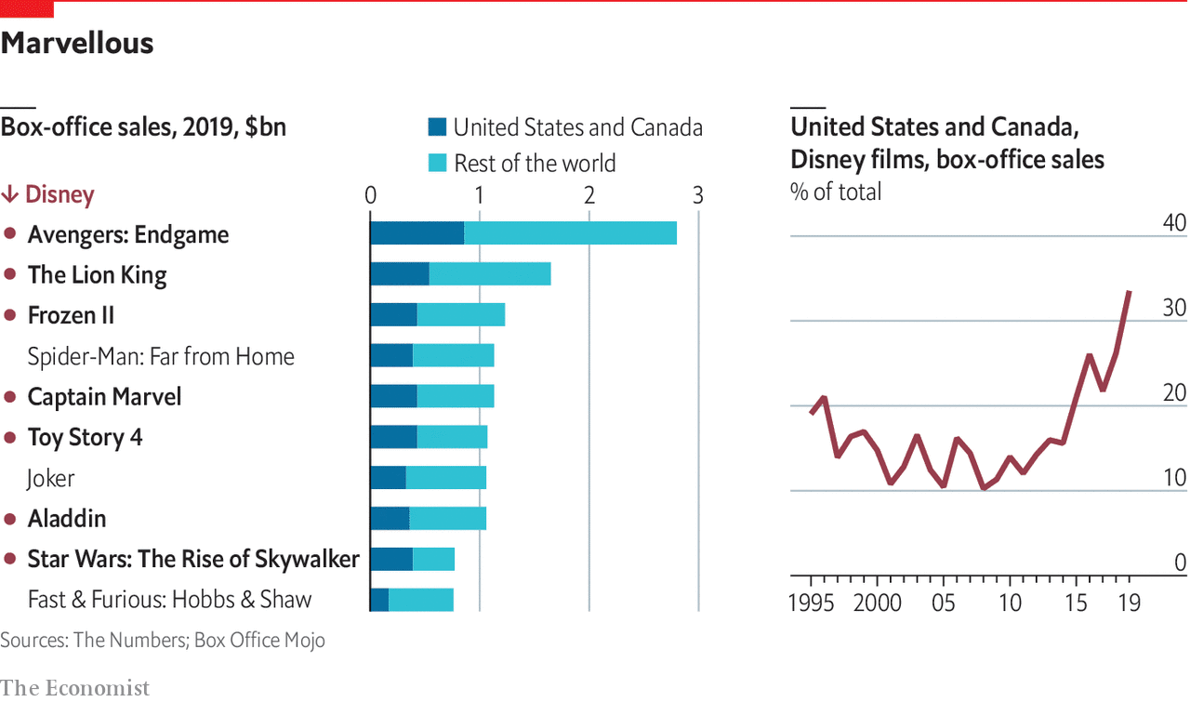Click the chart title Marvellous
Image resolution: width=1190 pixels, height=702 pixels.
click(x=77, y=43)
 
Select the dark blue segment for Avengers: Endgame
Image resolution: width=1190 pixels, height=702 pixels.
click(x=416, y=233)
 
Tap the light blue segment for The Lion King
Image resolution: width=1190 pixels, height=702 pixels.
click(x=489, y=274)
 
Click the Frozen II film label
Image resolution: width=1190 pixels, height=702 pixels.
click(x=71, y=315)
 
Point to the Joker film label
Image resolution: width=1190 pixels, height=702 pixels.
click(x=51, y=478)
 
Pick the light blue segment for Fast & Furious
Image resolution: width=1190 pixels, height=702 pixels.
click(x=420, y=600)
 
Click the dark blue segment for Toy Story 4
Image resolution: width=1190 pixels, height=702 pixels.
click(x=393, y=437)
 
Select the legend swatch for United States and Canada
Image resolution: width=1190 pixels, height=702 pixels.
click(x=437, y=127)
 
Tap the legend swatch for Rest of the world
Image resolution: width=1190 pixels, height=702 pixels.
click(x=437, y=164)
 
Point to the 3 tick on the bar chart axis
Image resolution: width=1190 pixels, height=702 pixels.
click(x=698, y=196)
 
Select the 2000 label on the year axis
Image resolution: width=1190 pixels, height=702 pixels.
click(x=878, y=603)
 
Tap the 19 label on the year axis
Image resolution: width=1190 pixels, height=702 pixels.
click(x=1129, y=603)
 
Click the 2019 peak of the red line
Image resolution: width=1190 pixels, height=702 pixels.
click(x=1129, y=292)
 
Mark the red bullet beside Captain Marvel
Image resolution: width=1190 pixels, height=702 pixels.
click(x=10, y=397)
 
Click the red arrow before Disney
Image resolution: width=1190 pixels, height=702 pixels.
click(x=10, y=195)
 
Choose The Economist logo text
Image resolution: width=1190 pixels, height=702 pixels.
click(x=74, y=688)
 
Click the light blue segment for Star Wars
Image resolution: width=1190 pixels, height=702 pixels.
click(x=433, y=559)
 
